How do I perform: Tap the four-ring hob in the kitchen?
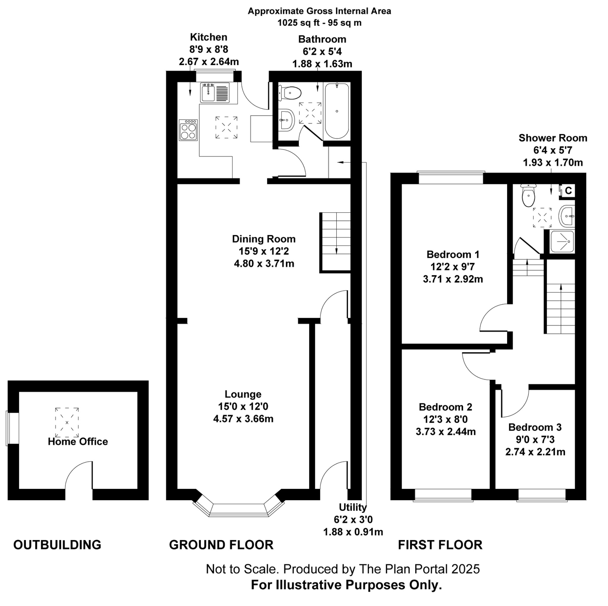(x=188, y=130)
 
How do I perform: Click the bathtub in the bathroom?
(x=337, y=111)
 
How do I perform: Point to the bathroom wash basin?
(x=286, y=120)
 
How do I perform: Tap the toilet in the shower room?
(x=528, y=196)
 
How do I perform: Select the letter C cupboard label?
(x=568, y=191)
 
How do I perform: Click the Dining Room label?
(x=264, y=239)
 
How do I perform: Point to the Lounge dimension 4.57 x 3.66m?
(x=243, y=419)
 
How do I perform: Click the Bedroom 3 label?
(x=535, y=427)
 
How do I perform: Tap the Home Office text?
(x=78, y=442)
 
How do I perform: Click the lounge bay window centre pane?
(x=238, y=510)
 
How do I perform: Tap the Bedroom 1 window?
(x=451, y=178)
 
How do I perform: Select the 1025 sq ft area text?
(x=319, y=23)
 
